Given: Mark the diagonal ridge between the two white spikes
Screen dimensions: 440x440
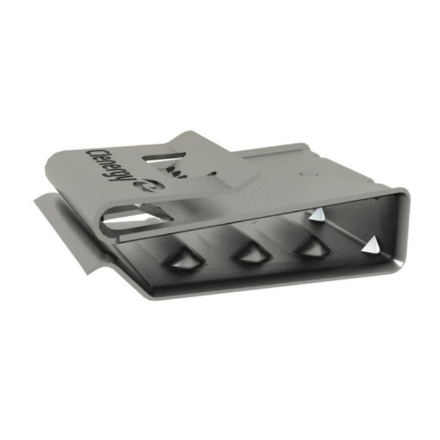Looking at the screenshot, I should [x=346, y=230].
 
